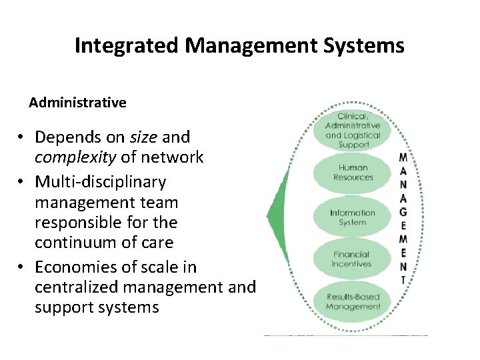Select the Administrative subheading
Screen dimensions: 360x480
(77, 103)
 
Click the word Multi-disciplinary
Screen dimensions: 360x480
(100, 181)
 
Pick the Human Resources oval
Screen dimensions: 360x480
(353, 173)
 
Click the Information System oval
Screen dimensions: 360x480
(353, 217)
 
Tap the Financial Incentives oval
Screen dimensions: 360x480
(351, 259)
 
